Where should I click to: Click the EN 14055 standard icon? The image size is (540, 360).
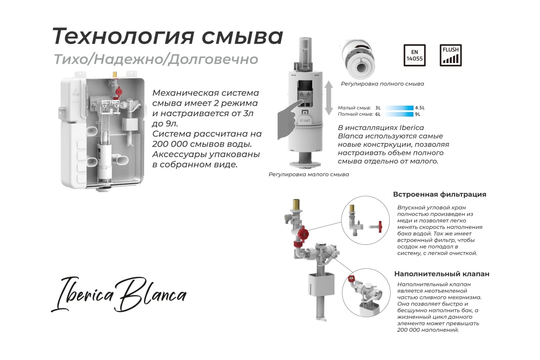pos(414,55)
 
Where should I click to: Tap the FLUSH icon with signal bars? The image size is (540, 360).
pos(450,55)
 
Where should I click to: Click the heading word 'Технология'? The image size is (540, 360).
pos(123,36)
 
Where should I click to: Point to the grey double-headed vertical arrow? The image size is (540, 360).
pos(328,98)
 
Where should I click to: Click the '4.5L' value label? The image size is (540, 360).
pos(420,108)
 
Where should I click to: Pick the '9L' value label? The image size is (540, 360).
pos(418,114)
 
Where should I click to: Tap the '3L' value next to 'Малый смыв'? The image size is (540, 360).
pos(378,108)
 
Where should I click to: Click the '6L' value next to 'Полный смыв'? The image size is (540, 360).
pos(378,114)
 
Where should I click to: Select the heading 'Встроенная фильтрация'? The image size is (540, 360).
pos(440,194)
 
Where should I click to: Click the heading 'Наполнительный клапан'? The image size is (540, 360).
pos(441,274)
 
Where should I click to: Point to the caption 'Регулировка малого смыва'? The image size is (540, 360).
pos(309,174)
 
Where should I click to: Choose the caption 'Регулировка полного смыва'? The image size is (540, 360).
pos(382,84)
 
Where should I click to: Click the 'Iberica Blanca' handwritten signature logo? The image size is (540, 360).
pos(119,294)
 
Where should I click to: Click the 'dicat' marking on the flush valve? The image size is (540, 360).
pos(305,120)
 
